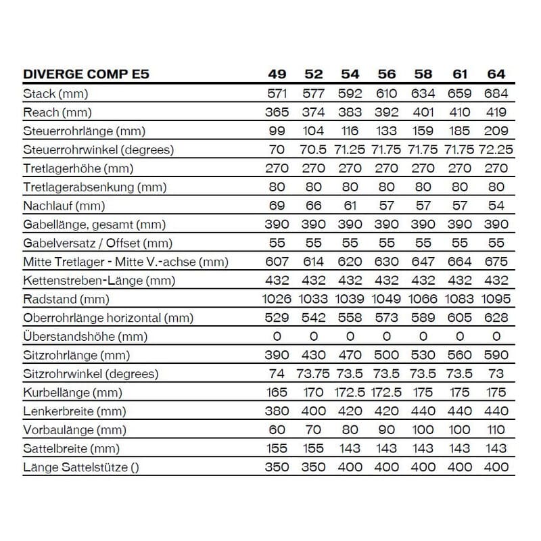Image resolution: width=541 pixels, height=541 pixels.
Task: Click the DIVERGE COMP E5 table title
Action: coord(86,74)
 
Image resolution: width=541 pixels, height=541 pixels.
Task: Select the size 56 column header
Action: coord(387,74)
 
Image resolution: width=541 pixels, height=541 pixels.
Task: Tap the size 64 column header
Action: coord(496,74)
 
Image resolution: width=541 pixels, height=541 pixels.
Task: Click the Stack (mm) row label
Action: coord(55,94)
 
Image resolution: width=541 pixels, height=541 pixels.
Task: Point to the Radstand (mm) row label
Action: coord(66,299)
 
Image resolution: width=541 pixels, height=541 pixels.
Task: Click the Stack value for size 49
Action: coord(277,94)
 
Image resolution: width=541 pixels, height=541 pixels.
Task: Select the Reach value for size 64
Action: coord(496,112)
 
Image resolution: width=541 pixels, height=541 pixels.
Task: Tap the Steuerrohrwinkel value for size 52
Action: coord(313,149)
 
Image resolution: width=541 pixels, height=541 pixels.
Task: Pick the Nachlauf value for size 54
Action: coord(350,206)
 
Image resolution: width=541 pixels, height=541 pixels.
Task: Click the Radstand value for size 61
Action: coord(460,299)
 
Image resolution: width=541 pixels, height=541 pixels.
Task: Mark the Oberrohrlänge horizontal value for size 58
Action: coord(423,318)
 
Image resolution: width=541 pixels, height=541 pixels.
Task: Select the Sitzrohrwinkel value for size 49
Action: coord(277,374)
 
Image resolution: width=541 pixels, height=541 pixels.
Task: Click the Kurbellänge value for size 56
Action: coord(387,392)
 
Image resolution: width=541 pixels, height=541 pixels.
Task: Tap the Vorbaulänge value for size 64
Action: coord(496,429)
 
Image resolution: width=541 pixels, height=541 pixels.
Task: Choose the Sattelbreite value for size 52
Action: coord(313,448)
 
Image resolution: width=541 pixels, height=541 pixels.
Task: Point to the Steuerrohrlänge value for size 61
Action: coord(460,131)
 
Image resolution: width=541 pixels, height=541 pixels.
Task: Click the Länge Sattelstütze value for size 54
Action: coord(350,467)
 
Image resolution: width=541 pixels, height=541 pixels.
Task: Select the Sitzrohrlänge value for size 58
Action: coord(423,355)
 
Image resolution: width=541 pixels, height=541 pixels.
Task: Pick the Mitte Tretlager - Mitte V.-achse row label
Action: coord(126,262)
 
